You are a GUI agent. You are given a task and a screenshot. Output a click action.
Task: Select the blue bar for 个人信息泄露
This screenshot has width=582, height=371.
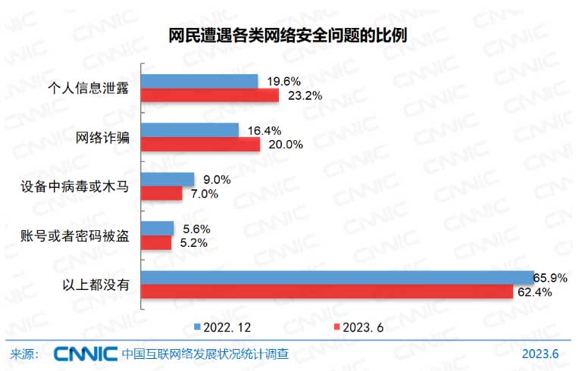click(201, 81)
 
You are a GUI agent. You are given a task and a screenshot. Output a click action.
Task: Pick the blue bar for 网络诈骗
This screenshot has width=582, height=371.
click(191, 130)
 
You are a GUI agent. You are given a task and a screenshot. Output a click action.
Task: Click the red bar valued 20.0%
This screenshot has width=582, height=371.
click(202, 145)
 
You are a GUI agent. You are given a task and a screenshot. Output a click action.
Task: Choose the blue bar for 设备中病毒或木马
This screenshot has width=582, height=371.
click(169, 179)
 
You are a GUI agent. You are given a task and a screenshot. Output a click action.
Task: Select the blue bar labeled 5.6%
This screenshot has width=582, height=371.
click(159, 228)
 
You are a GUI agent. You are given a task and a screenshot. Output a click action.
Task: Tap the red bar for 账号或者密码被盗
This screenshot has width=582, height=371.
click(158, 242)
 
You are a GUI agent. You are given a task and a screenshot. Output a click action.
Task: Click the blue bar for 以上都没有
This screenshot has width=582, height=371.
click(337, 277)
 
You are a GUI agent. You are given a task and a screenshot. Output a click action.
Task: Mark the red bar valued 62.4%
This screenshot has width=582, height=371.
click(328, 291)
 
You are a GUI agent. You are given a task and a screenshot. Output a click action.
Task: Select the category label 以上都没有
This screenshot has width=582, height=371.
click(96, 285)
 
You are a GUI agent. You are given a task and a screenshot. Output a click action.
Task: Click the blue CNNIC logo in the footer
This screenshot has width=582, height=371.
click(85, 354)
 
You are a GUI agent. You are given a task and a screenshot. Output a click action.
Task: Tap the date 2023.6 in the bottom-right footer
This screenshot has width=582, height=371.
click(540, 354)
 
